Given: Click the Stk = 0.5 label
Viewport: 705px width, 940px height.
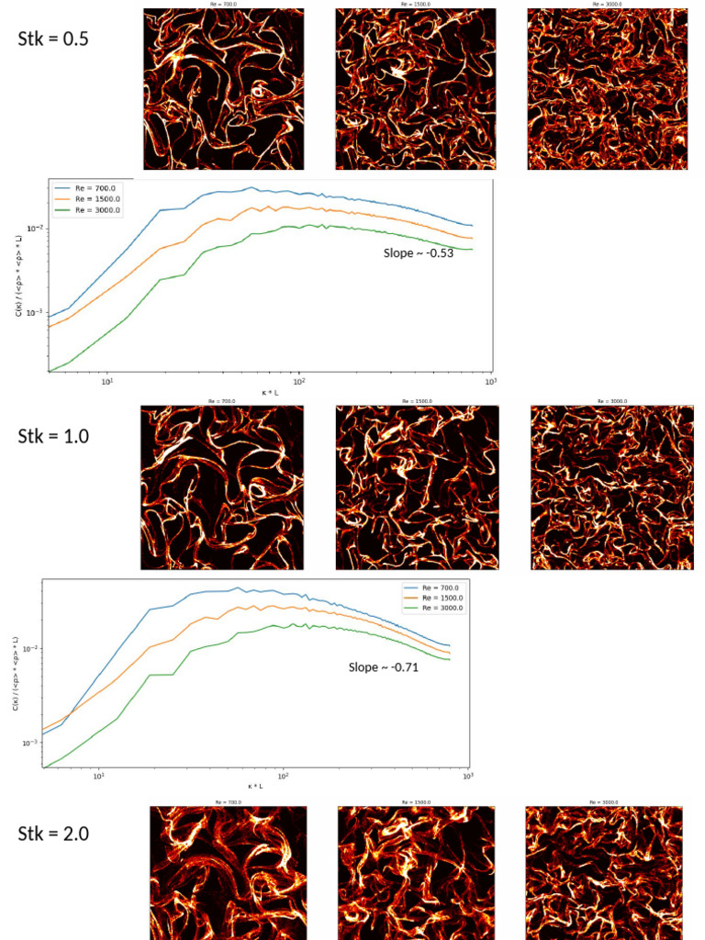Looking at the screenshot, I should tap(53, 39).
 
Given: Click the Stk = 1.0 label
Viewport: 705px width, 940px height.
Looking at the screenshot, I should tap(53, 436).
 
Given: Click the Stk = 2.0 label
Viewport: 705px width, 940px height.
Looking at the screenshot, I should tap(53, 834).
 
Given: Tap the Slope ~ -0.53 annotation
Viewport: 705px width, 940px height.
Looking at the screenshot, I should tap(418, 252).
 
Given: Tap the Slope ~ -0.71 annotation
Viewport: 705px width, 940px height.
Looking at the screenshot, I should tap(383, 667).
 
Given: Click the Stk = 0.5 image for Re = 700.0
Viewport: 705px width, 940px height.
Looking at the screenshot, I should tap(223, 89).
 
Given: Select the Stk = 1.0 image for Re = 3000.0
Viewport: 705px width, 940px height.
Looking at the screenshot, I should tap(612, 487).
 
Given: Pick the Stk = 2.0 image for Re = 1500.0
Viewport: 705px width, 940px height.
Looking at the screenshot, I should tap(416, 872).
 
